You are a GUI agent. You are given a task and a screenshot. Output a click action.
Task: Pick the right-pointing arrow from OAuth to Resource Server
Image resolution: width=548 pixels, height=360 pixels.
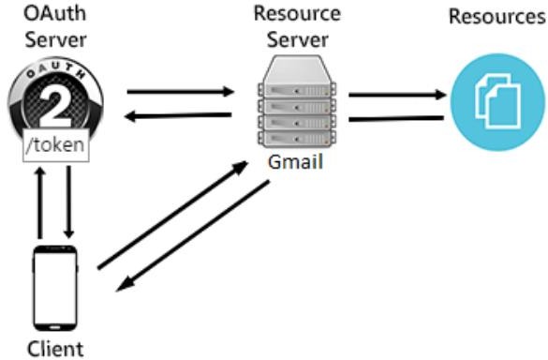point(179,92)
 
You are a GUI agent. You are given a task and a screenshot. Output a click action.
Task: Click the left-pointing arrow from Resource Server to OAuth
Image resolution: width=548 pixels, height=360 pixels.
point(179,115)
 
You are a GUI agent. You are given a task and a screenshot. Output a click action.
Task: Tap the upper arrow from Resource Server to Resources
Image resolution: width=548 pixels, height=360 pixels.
point(397,94)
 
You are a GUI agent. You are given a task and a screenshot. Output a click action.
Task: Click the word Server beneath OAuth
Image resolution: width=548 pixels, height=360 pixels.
point(53,40)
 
